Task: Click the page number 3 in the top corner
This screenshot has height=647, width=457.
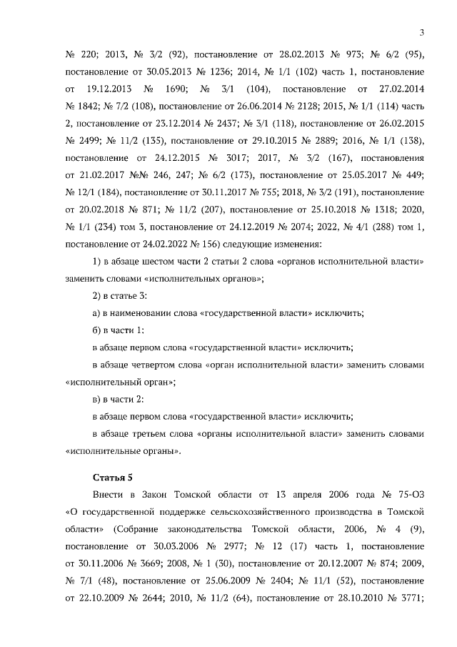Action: (x=421, y=32)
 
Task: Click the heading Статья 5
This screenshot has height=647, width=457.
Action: (x=113, y=477)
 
